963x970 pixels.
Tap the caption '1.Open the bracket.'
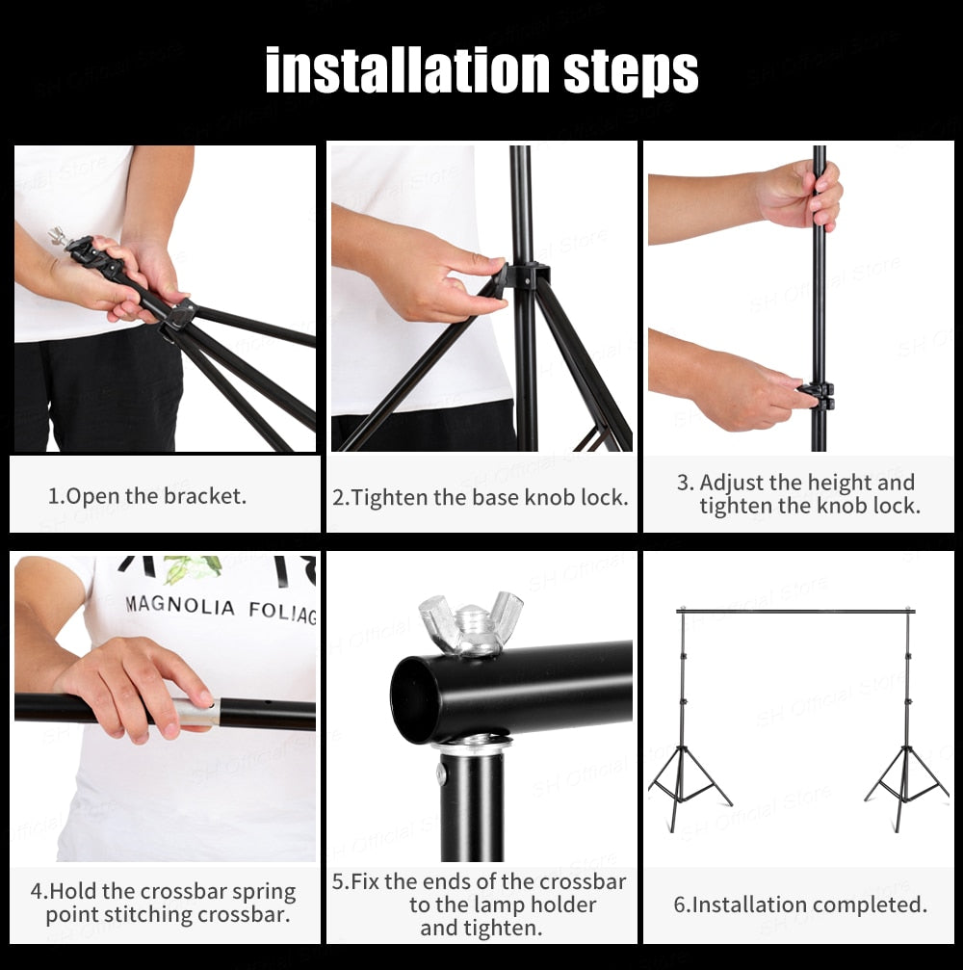147,497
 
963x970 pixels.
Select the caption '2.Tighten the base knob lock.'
481,498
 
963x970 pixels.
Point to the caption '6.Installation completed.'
800,904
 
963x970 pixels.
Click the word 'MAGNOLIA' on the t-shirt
180,607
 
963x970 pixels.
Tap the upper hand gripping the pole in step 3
801,197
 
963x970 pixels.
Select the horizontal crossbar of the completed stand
795,611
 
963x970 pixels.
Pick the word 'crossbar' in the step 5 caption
583,881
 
